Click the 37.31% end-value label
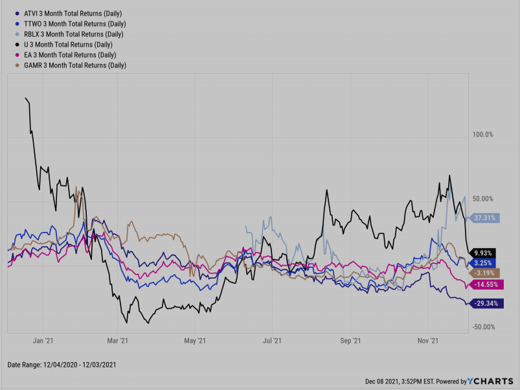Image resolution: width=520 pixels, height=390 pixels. [x=484, y=218]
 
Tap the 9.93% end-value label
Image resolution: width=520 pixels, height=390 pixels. [x=482, y=253]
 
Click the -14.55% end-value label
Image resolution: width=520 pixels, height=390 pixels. [x=486, y=284]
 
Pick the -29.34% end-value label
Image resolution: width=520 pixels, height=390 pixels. [x=484, y=303]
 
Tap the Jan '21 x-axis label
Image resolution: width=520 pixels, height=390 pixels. [x=43, y=339]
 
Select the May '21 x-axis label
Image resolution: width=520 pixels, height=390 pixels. [x=194, y=339]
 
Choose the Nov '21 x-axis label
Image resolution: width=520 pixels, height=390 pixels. [x=428, y=339]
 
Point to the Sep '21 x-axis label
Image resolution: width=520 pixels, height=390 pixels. [x=350, y=339]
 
